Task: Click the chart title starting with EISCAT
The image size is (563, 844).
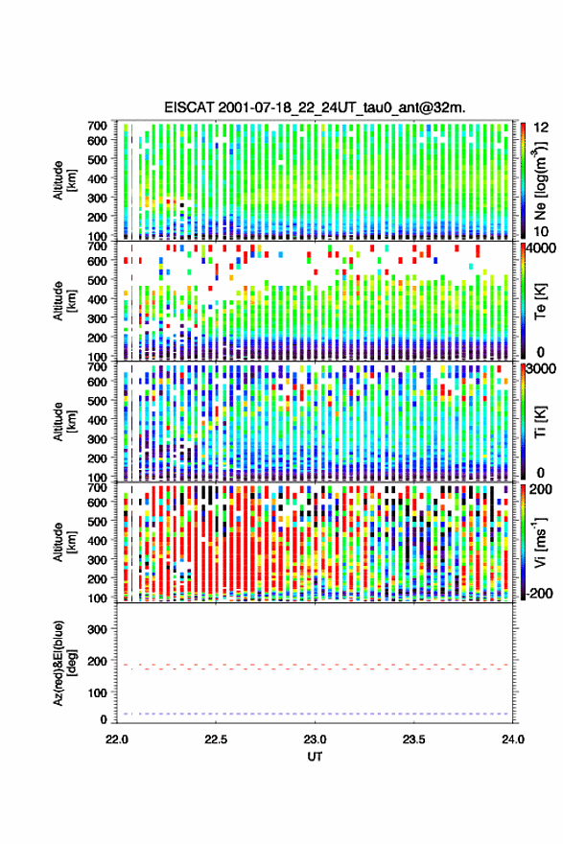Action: pos(315,107)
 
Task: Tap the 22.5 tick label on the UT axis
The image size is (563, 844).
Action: pos(216,739)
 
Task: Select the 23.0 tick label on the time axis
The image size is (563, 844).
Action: pos(315,739)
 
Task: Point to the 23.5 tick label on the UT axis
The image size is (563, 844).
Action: pos(414,739)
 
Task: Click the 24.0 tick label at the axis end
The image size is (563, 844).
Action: pos(513,739)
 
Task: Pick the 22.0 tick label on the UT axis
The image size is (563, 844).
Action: pos(117,739)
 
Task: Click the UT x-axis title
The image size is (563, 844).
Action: pos(315,757)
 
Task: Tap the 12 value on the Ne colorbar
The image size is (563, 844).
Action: pos(541,128)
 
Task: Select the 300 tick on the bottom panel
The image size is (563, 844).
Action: pos(98,630)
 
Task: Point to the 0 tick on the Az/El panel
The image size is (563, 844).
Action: pos(104,719)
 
